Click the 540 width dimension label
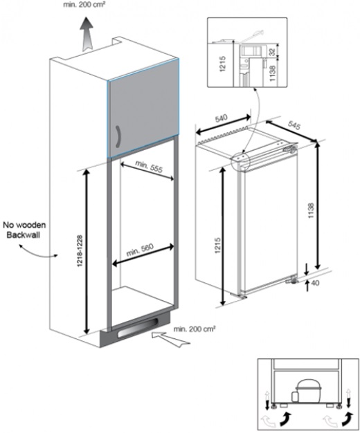pos(222,118)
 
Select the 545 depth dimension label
pos(294,125)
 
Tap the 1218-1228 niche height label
pos(80,250)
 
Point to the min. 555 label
pos(149,167)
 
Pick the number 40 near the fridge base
pos(315,283)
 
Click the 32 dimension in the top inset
pos(273,52)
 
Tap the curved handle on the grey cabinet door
pos(118,137)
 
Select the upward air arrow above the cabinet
pos(87,34)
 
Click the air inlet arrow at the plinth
pos(170,340)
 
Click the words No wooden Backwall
pos(24,230)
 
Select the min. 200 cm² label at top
pos(84,5)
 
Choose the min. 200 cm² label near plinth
pos(195,329)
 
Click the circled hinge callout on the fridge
pos(240,161)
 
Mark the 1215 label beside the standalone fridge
pos(218,246)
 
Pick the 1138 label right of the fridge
pos(312,211)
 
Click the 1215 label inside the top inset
pos(223,64)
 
